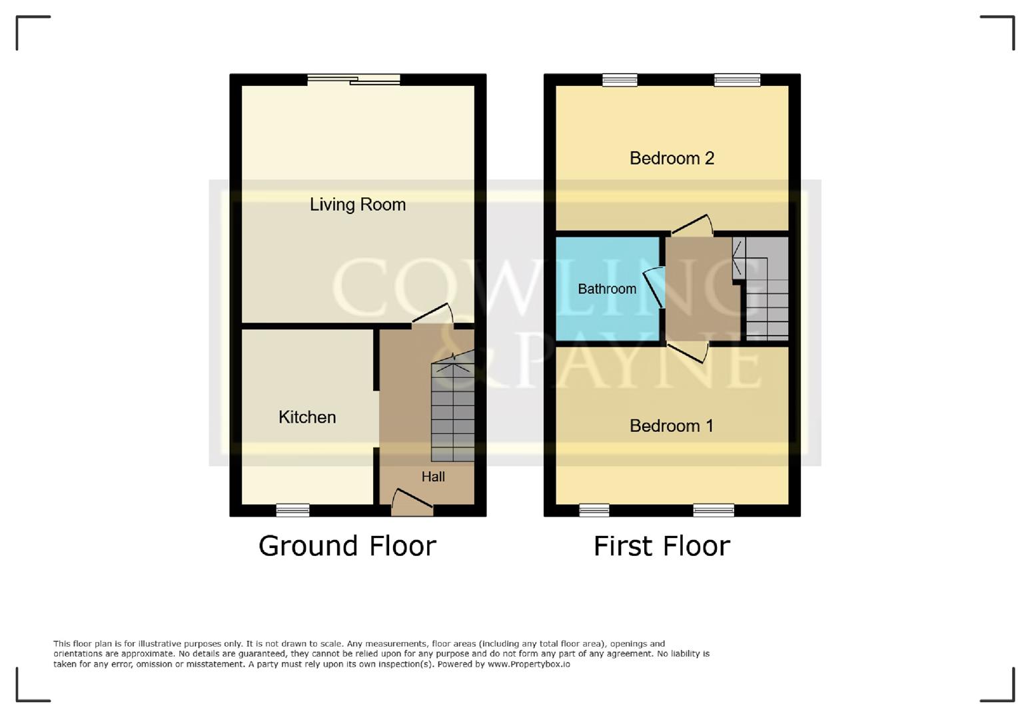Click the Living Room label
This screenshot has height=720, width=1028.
click(x=357, y=205)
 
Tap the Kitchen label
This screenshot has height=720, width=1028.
click(x=307, y=417)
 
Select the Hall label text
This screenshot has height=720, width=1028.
click(x=433, y=477)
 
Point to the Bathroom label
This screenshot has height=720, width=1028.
click(x=606, y=289)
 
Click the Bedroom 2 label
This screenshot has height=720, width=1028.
click(x=672, y=158)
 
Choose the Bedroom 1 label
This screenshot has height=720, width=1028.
click(x=671, y=426)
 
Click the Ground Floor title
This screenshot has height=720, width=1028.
click(x=347, y=546)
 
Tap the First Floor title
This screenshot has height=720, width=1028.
click(x=662, y=546)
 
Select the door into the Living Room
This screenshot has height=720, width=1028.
click(x=432, y=315)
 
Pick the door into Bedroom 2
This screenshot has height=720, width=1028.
click(x=692, y=225)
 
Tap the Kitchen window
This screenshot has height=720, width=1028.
click(x=293, y=511)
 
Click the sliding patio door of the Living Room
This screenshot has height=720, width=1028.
click(x=354, y=80)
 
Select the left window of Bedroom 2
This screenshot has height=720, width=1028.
click(x=620, y=80)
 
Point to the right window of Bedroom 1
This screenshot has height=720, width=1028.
click(x=714, y=511)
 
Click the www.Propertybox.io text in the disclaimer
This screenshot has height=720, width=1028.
click(x=528, y=664)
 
